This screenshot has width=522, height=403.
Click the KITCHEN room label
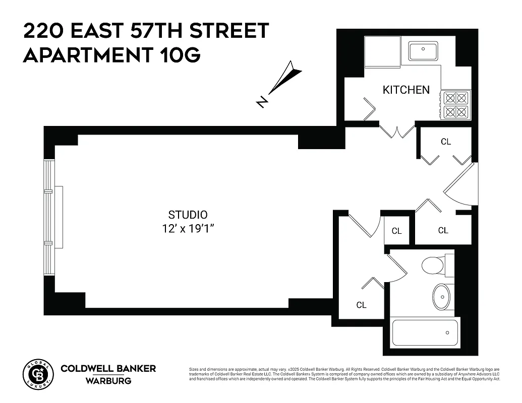click(x=406, y=90)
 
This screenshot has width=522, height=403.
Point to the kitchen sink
click(x=423, y=51)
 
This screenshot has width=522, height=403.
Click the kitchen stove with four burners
click(x=455, y=105)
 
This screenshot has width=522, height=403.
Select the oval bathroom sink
click(x=442, y=297)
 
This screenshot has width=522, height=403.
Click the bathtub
click(x=425, y=332)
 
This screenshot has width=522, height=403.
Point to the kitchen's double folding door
click(x=397, y=130)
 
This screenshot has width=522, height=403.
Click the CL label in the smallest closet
click(x=397, y=231)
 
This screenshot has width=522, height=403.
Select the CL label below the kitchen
click(x=445, y=142)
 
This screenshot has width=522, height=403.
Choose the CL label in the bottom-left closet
click(x=361, y=305)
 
